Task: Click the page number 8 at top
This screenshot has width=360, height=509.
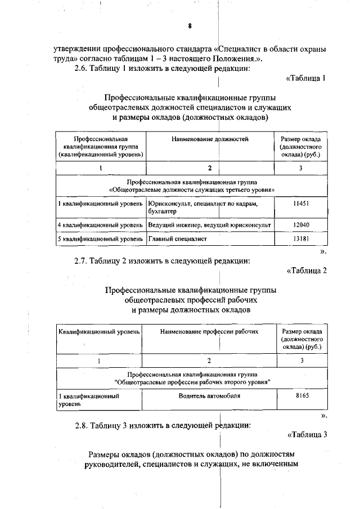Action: click(x=190, y=26)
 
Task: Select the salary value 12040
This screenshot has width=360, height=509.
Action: click(x=301, y=225)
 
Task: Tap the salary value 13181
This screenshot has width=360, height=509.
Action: click(x=301, y=239)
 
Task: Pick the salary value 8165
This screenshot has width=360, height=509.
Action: click(x=302, y=396)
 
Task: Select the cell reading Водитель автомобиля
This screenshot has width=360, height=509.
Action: click(x=209, y=396)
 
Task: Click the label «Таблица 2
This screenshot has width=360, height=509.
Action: click(x=306, y=271)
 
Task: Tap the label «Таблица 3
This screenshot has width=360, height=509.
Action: click(x=306, y=434)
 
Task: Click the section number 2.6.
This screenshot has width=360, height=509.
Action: click(x=83, y=69)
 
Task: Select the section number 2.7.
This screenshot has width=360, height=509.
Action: click(x=83, y=260)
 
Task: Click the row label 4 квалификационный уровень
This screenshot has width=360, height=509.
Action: click(x=100, y=225)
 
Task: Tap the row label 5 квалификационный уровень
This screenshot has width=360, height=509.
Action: click(x=100, y=239)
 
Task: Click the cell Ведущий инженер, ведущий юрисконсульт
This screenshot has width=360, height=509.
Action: click(x=209, y=225)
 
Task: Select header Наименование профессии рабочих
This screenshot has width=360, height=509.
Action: click(x=209, y=332)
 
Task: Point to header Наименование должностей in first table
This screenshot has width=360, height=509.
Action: click(x=209, y=138)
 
